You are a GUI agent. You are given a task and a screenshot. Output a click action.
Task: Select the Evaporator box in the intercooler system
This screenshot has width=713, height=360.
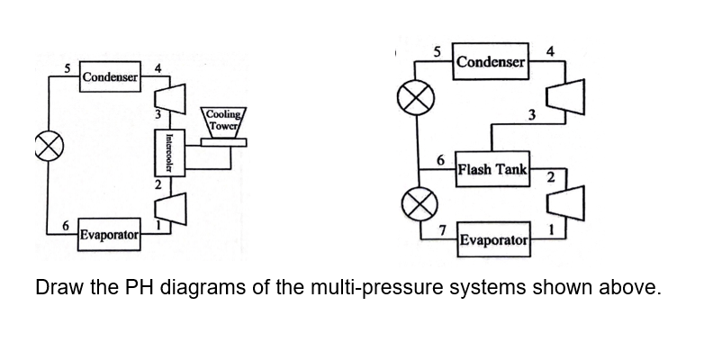107,236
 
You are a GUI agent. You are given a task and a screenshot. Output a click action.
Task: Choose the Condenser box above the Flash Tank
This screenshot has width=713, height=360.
490,61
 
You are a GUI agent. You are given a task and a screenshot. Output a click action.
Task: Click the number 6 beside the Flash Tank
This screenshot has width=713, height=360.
440,159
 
